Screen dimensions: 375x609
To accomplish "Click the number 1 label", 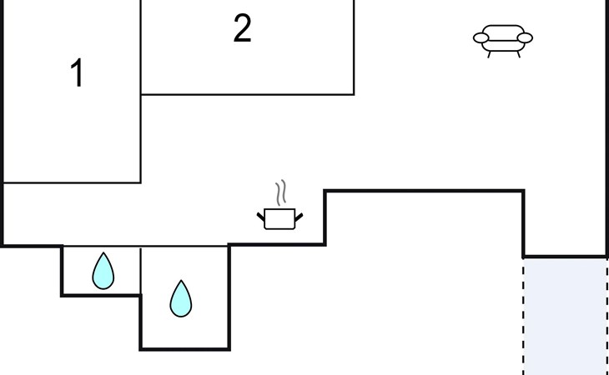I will [x=77, y=74].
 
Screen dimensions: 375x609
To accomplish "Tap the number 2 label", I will [x=242, y=30].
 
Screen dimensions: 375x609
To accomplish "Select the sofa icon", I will [x=503, y=38].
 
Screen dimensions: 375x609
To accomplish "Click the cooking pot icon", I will [x=279, y=218].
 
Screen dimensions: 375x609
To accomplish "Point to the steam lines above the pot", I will [x=284, y=192].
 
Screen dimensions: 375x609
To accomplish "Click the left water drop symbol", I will [x=103, y=271].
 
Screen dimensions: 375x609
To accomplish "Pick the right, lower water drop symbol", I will [x=180, y=299].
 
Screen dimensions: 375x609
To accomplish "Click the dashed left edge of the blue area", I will [x=524, y=317].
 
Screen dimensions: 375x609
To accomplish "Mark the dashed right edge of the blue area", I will [x=606, y=317].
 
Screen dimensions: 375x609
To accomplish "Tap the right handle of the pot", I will [x=298, y=217].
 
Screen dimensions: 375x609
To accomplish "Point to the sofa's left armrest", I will [x=481, y=37].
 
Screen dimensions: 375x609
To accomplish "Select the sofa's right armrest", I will [x=526, y=37].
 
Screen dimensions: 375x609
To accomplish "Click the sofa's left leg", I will [x=489, y=53].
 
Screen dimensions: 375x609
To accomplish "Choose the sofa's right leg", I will [x=517, y=53].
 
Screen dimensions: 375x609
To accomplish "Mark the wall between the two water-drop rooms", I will [x=140, y=271].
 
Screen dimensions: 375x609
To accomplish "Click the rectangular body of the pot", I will [x=279, y=220].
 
